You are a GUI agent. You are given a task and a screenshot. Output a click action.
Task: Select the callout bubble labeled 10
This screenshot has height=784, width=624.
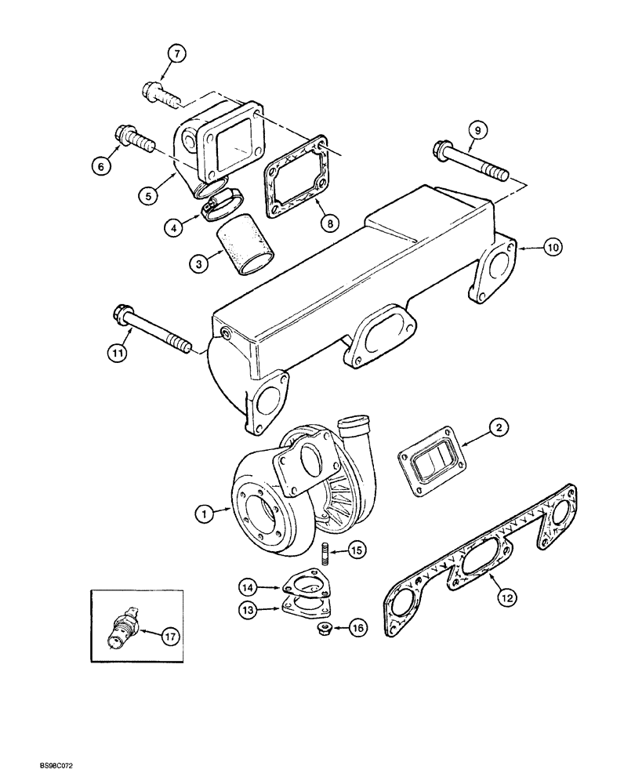pos(553,248)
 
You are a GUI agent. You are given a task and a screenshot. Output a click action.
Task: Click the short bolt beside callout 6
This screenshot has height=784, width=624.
pos(133,140)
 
